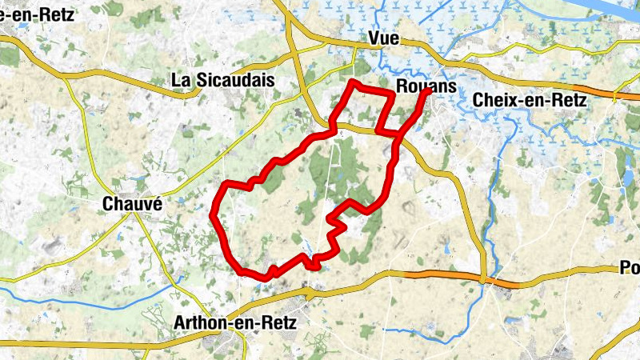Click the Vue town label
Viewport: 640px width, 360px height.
(x=384, y=38)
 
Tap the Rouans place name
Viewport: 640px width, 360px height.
(x=426, y=86)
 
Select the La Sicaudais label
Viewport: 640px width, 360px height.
(x=223, y=80)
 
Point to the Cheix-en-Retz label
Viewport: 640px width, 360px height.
(x=530, y=101)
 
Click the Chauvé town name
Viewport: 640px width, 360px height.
(x=133, y=205)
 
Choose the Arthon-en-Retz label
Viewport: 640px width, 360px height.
(x=234, y=323)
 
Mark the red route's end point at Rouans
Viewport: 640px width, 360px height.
(x=430, y=91)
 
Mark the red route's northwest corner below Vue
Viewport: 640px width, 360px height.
(x=354, y=82)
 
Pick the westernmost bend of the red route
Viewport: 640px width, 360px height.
(x=212, y=214)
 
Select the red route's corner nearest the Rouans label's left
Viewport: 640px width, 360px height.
(x=391, y=94)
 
